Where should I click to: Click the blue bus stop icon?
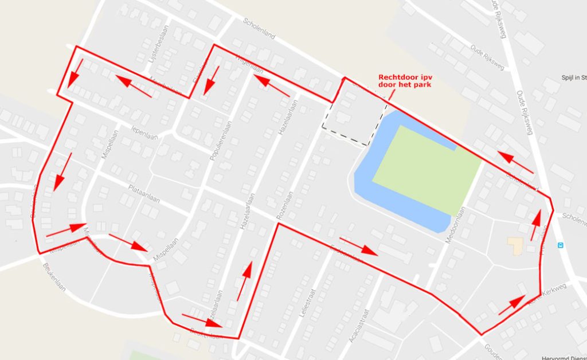[x=561, y=245]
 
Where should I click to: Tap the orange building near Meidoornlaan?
[x=514, y=246]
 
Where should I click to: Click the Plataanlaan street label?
[x=143, y=190]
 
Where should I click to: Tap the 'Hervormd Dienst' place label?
[x=563, y=355]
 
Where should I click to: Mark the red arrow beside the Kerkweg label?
[x=512, y=304]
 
